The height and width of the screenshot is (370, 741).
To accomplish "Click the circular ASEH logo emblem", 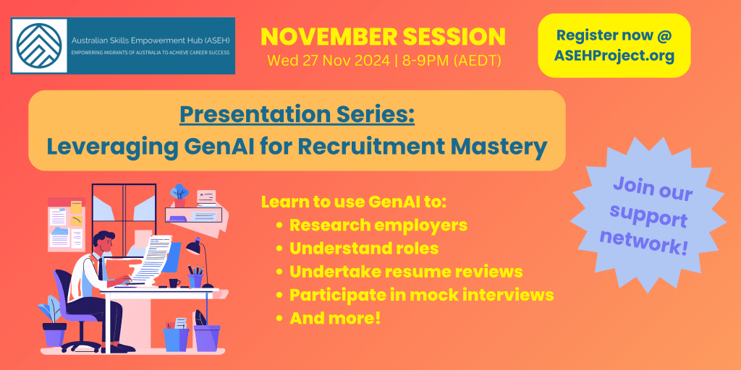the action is (39, 46).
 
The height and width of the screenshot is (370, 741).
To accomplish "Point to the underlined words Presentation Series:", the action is (297, 116).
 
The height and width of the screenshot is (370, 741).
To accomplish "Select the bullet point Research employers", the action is (378, 225).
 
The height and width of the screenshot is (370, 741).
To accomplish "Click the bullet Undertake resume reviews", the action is (406, 272).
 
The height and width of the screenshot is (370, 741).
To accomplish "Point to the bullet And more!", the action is (335, 318).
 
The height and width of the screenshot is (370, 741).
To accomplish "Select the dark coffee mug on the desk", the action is (174, 283).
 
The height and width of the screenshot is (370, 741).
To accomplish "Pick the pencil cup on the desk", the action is (195, 280).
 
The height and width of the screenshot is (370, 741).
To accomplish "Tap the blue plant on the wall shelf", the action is (179, 192).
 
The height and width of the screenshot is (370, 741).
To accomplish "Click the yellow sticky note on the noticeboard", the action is (76, 207).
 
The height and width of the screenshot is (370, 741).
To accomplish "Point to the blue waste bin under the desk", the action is (177, 339).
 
